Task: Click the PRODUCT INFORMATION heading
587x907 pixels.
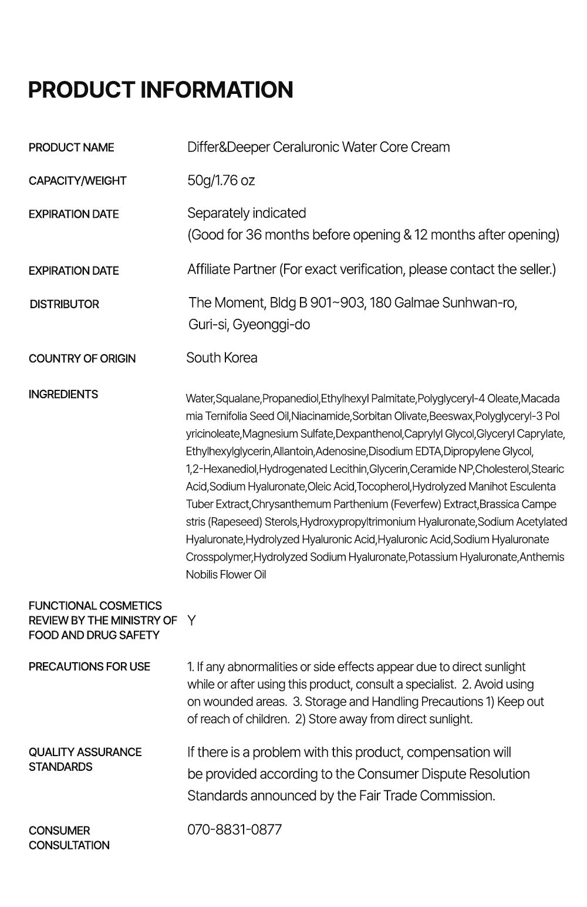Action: [160, 90]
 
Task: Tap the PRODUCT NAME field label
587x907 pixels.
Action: [71, 147]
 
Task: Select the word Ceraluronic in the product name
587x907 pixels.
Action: [305, 147]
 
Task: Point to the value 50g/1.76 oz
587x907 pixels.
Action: [221, 180]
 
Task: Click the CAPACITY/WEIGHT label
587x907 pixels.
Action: [77, 181]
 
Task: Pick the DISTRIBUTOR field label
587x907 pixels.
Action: [65, 304]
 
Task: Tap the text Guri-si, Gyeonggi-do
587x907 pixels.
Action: [249, 325]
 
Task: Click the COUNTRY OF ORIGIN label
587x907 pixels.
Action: [82, 359]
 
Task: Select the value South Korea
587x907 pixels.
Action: [221, 358]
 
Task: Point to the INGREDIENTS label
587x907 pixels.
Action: [63, 394]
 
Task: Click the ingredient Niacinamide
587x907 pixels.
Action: [321, 416]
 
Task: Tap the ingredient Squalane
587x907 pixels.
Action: [238, 399]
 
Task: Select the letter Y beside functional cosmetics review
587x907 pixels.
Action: [191, 621]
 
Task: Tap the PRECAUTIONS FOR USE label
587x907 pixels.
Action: [89, 666]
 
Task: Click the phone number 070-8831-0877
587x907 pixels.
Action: [234, 830]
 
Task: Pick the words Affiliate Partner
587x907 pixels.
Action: [231, 269]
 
